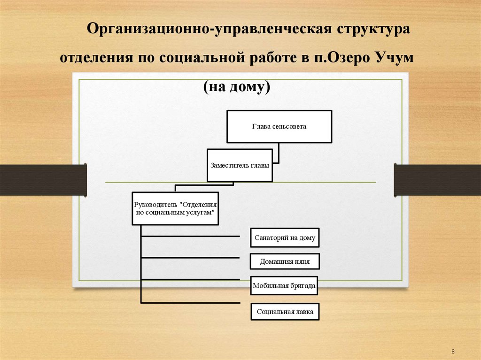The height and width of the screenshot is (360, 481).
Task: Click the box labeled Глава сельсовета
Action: click(x=279, y=126)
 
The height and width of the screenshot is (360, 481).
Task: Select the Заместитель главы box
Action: click(x=240, y=166)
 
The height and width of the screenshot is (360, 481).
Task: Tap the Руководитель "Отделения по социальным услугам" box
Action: click(x=175, y=208)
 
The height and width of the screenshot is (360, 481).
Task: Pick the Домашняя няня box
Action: click(x=285, y=262)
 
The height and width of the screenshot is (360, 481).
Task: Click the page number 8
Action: click(x=453, y=352)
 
